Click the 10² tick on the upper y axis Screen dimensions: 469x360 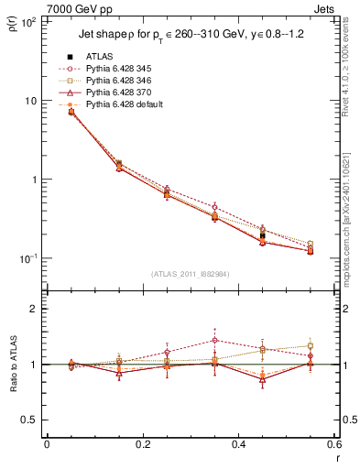(27, 22)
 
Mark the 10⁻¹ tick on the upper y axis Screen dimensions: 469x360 (27, 258)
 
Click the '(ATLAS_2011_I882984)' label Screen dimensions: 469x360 (191, 272)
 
